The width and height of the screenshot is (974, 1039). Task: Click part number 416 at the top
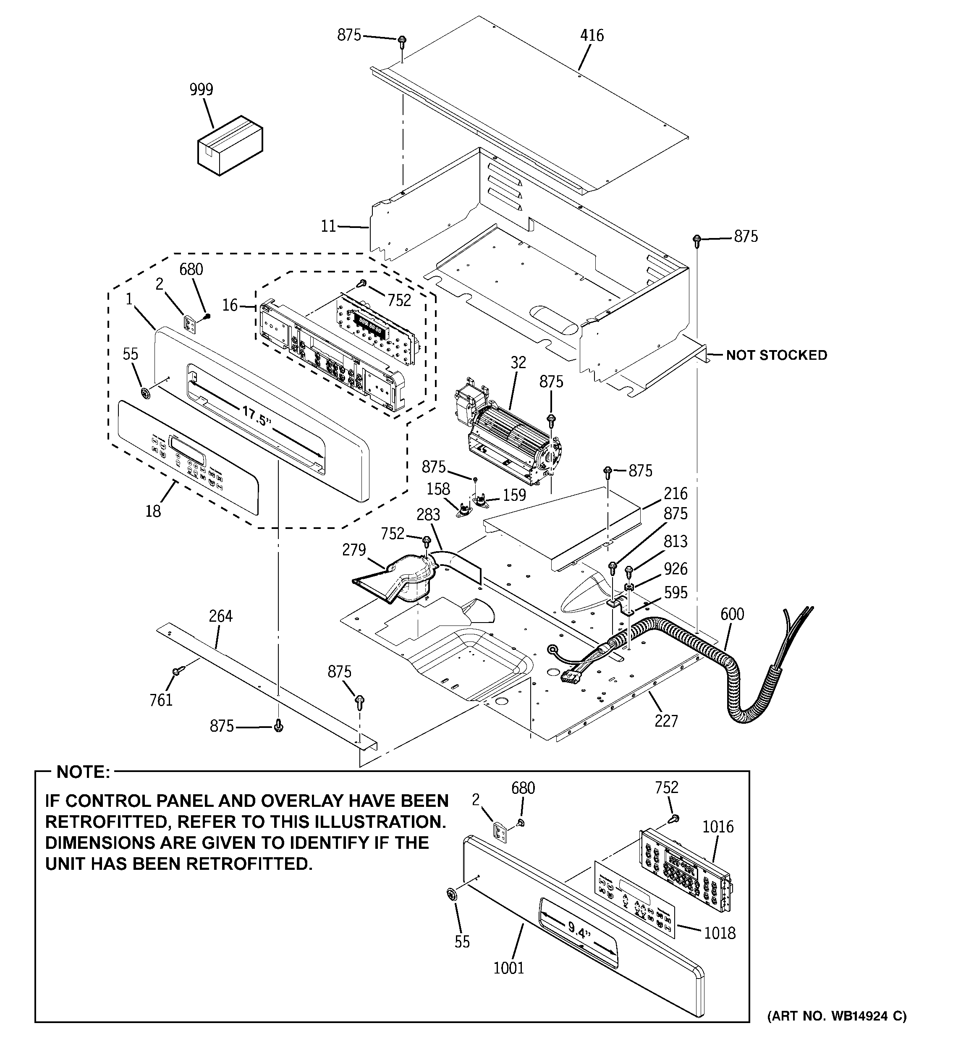pyautogui.click(x=592, y=36)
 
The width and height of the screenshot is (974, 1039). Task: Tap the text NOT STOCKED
pyautogui.click(x=776, y=356)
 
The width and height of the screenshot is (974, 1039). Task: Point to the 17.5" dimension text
pyautogui.click(x=256, y=416)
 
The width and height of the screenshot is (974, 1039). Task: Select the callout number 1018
pyautogui.click(x=720, y=933)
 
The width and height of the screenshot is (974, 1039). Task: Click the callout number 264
pyautogui.click(x=221, y=617)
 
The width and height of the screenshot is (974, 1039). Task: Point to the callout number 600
pyautogui.click(x=731, y=614)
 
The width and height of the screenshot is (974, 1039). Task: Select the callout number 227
pyautogui.click(x=666, y=721)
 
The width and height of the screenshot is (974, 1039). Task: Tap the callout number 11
pyautogui.click(x=328, y=227)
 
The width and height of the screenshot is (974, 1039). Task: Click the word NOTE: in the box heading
pyautogui.click(x=83, y=772)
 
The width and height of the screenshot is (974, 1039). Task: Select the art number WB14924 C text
pyautogui.click(x=836, y=1016)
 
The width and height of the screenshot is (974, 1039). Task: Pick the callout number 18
pyautogui.click(x=153, y=511)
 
